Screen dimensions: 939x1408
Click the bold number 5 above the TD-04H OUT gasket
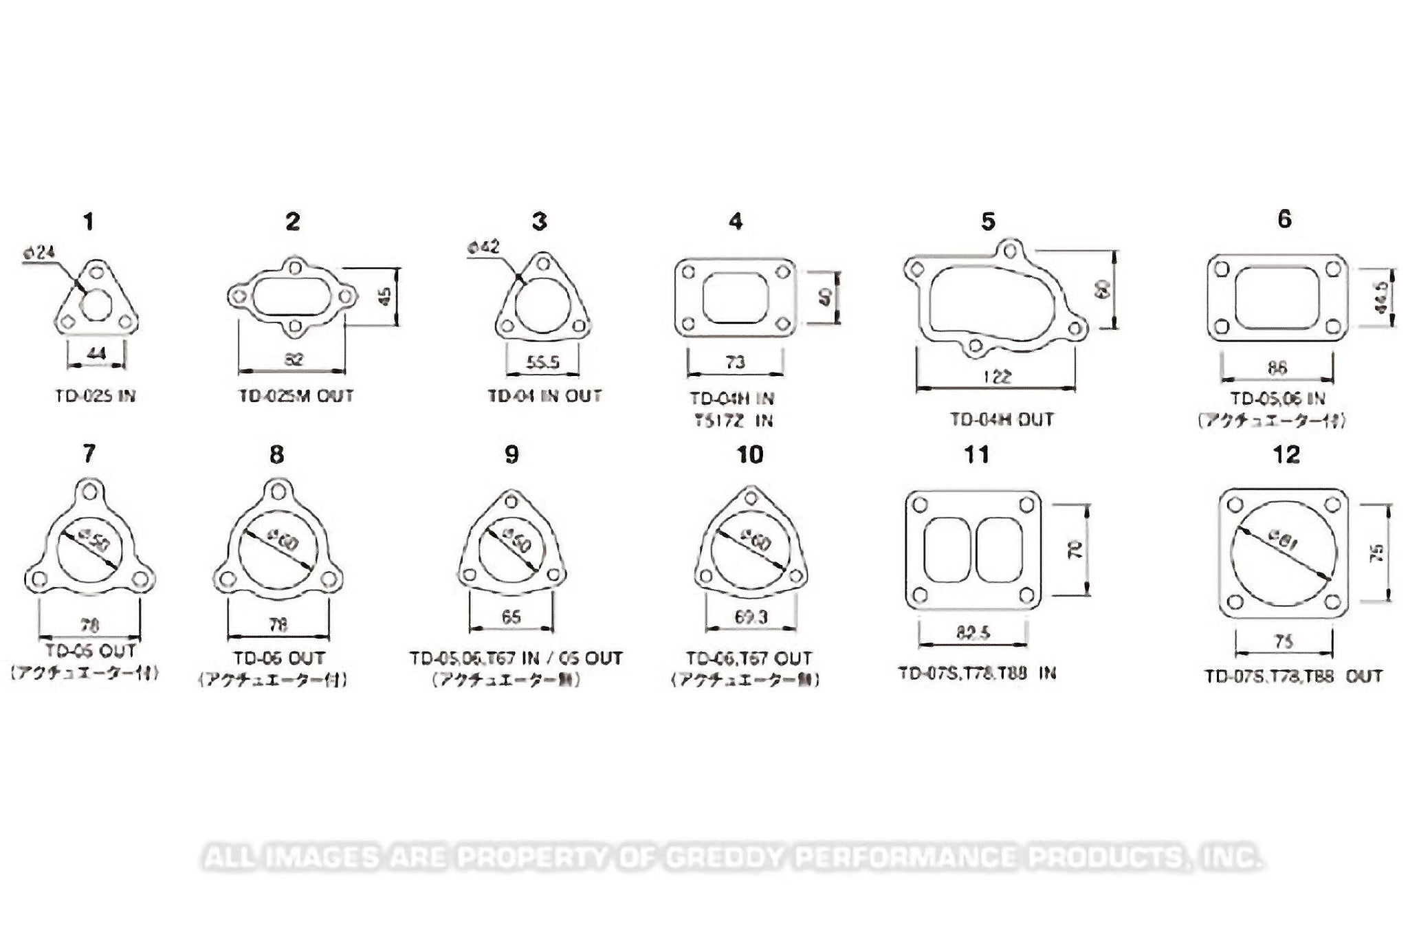[x=988, y=222]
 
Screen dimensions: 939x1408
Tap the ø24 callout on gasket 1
[x=41, y=253]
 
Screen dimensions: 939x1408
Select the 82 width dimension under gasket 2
[x=293, y=359]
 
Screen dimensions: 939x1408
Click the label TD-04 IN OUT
[x=544, y=396]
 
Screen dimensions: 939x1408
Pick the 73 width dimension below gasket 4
[x=735, y=362]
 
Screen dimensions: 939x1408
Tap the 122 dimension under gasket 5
[x=998, y=376]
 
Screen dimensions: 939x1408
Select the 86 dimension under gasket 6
[x=1277, y=368]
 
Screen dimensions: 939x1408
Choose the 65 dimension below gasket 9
[x=511, y=617]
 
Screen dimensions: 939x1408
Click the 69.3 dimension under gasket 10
[x=751, y=617]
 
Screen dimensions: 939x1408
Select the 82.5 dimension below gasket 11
[x=972, y=633]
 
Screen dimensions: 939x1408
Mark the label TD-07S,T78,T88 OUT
[x=1292, y=676]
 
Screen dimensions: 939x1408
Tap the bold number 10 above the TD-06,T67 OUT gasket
[x=749, y=455]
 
